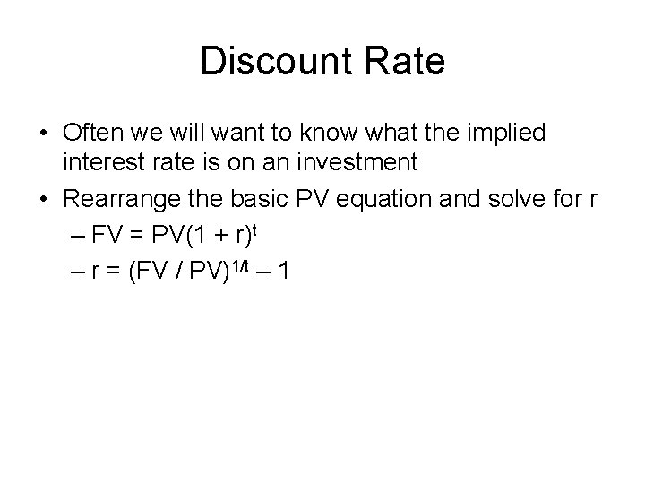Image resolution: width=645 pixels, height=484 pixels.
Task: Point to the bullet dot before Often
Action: click(43, 134)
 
